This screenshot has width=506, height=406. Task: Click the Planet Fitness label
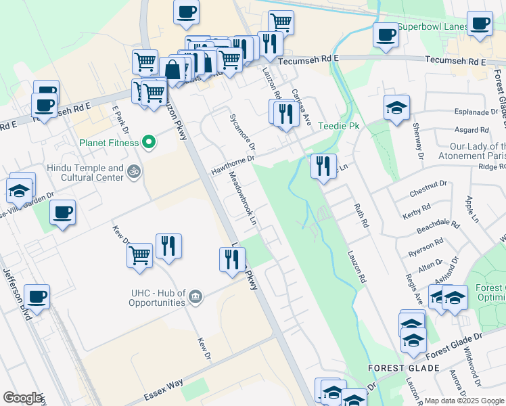click(109, 143)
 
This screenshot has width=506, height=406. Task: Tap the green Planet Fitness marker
click(150, 143)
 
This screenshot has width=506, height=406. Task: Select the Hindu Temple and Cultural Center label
click(85, 173)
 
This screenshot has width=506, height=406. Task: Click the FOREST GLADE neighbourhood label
click(404, 368)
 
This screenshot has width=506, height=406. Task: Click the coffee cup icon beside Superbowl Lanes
click(386, 35)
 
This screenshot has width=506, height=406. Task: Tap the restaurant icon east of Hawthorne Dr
click(323, 166)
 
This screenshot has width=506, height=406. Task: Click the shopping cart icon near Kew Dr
click(139, 256)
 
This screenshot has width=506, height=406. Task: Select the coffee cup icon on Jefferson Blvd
click(37, 296)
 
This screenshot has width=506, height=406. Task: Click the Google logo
click(22, 398)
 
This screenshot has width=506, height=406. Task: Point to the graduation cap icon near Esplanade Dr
click(396, 107)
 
